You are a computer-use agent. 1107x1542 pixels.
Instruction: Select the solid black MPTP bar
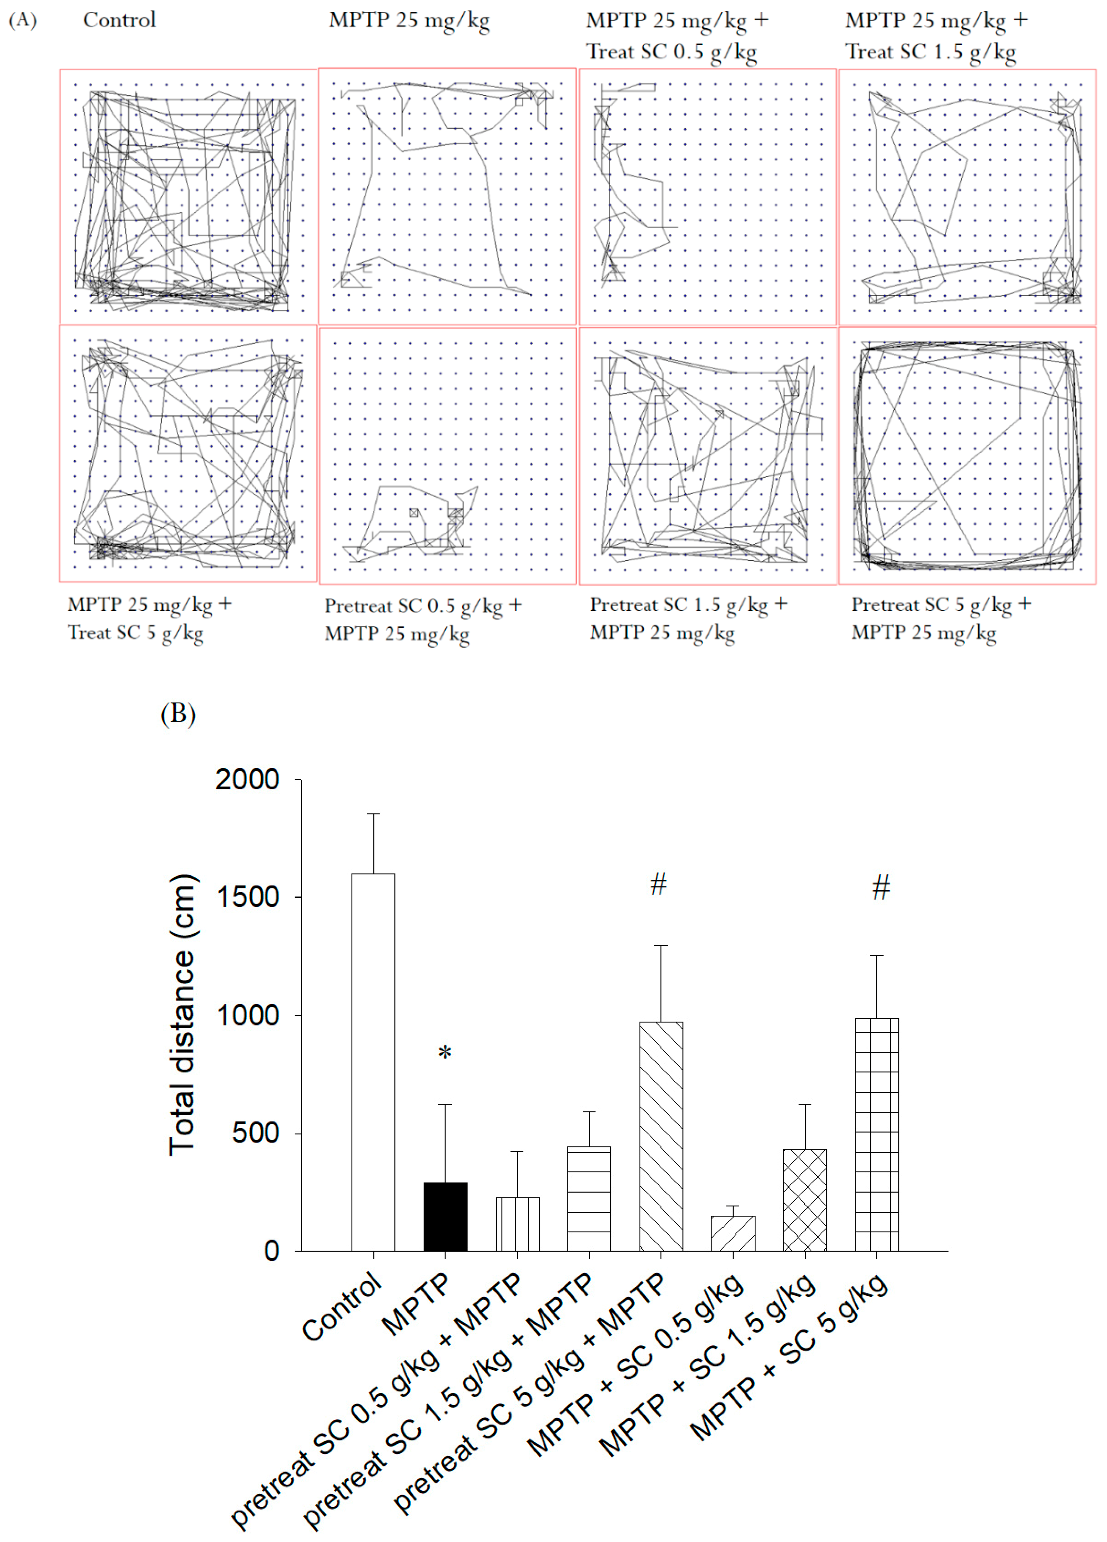point(445,1217)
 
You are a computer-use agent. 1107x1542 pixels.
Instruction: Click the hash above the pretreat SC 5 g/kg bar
point(658,885)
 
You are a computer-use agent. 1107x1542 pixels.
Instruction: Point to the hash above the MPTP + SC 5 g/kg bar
point(880,887)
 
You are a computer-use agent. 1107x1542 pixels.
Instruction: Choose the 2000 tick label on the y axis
point(248,779)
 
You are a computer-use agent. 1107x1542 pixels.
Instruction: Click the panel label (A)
point(22,20)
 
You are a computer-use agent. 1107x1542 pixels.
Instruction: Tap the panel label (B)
point(178,714)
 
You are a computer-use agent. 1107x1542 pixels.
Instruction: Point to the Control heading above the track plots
point(119,20)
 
